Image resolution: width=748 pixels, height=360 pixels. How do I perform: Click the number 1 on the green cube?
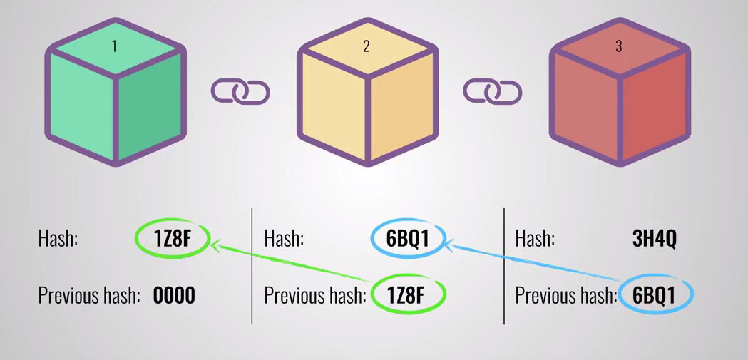click(x=114, y=47)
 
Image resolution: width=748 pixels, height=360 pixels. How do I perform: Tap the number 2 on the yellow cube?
click(x=367, y=47)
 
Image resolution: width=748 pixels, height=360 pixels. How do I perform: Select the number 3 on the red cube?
click(x=618, y=47)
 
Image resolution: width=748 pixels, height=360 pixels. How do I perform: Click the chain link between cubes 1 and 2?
click(x=240, y=92)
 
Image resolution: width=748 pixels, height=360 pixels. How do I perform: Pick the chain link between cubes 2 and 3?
click(x=493, y=92)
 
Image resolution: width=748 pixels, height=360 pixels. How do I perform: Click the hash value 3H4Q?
click(x=654, y=239)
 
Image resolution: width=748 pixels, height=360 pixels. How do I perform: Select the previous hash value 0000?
click(x=174, y=295)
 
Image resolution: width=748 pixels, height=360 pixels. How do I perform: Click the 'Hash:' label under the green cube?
click(x=58, y=239)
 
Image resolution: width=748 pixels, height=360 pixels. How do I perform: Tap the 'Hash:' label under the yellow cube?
click(x=284, y=239)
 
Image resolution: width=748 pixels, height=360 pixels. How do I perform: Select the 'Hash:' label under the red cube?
click(x=536, y=239)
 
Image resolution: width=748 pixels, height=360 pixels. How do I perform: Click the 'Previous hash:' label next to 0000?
click(x=88, y=295)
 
